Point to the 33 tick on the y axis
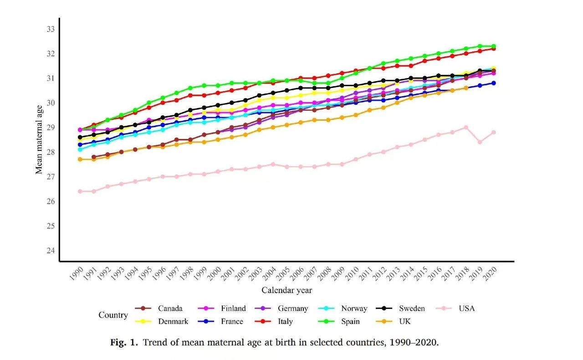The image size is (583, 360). pos(51,29)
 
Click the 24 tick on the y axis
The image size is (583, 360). pos(51,251)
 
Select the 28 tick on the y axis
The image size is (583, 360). pos(51,152)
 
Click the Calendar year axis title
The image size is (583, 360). pos(286,290)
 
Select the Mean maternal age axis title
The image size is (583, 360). pos(39,139)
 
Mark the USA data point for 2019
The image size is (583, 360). pos(480,142)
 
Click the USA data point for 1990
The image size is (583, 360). pos(80,191)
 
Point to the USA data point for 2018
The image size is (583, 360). pos(466,128)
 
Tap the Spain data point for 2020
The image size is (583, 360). pos(493,46)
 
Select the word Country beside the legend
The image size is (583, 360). pos(113,315)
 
